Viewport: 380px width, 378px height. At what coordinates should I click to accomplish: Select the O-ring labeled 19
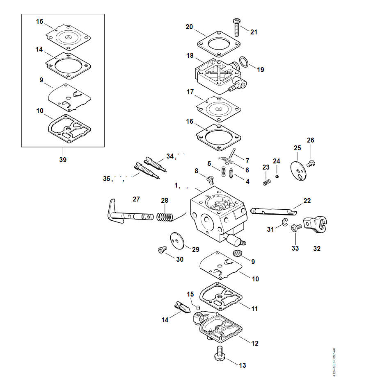click(244, 62)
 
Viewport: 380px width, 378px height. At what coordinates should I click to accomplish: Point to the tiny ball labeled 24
click(277, 176)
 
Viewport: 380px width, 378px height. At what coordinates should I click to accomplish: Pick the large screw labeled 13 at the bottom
click(219, 354)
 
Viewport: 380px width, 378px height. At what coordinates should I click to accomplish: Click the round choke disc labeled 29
click(177, 240)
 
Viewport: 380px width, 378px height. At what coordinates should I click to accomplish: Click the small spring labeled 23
click(267, 181)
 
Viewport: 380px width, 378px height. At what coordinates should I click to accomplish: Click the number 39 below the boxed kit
click(62, 160)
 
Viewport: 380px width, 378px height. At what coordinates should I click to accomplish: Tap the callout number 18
click(190, 55)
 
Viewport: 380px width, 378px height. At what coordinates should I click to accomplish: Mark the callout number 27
click(136, 199)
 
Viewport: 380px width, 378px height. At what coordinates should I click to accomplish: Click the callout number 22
click(307, 201)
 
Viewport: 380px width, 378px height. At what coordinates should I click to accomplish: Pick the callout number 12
click(255, 343)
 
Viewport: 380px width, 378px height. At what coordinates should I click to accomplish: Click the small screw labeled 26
click(311, 163)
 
